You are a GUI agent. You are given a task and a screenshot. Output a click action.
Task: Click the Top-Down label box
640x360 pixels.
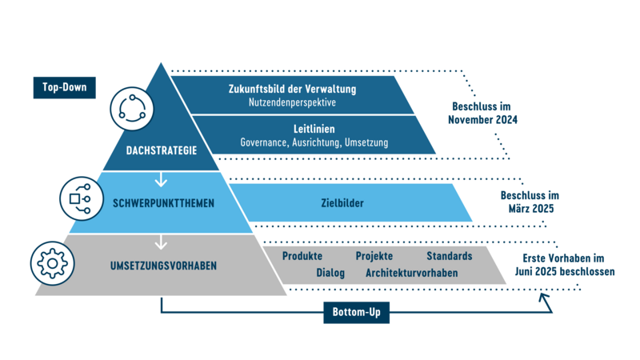coord(65,86)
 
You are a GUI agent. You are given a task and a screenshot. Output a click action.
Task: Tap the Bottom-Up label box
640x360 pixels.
coord(356,311)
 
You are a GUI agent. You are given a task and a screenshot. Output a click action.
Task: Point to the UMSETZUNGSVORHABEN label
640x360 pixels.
coord(164,266)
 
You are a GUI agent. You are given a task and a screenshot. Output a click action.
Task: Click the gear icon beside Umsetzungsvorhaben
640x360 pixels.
coord(52,262)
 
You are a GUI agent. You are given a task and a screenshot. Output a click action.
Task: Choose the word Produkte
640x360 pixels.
coord(302,256)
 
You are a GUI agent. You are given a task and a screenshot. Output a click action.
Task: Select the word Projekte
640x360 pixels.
coord(374,256)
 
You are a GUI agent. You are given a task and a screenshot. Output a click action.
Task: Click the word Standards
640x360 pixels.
coord(449,256)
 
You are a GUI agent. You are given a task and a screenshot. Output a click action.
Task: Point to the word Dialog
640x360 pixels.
coord(330,273)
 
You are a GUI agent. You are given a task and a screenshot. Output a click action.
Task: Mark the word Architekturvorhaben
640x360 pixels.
coord(411,273)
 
